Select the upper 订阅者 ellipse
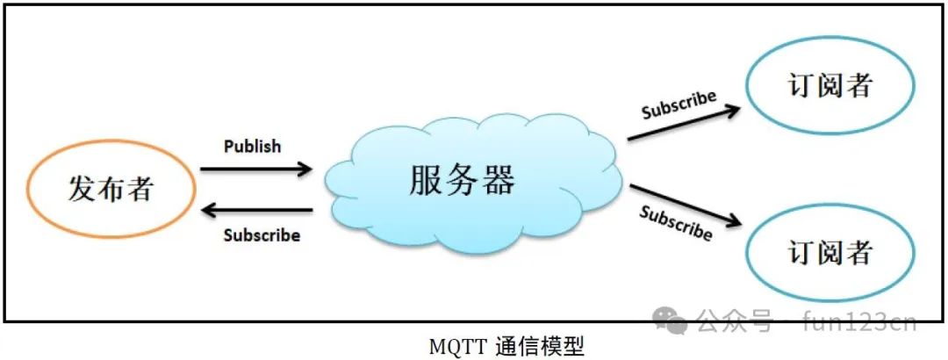[x=830, y=86]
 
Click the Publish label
[x=253, y=146]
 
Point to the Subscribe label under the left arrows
[x=262, y=235]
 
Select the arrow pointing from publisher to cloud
[x=255, y=168]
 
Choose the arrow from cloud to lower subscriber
[x=684, y=205]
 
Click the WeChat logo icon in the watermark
[x=674, y=321]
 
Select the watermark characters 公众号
[x=735, y=321]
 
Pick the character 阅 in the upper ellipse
[x=830, y=86]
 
